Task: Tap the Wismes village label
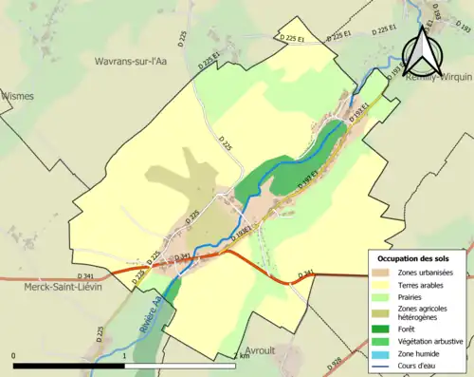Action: pos(18,96)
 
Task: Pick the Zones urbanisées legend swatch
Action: pos(384,273)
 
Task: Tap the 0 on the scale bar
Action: pos(13,357)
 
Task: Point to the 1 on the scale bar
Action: pos(124,357)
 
